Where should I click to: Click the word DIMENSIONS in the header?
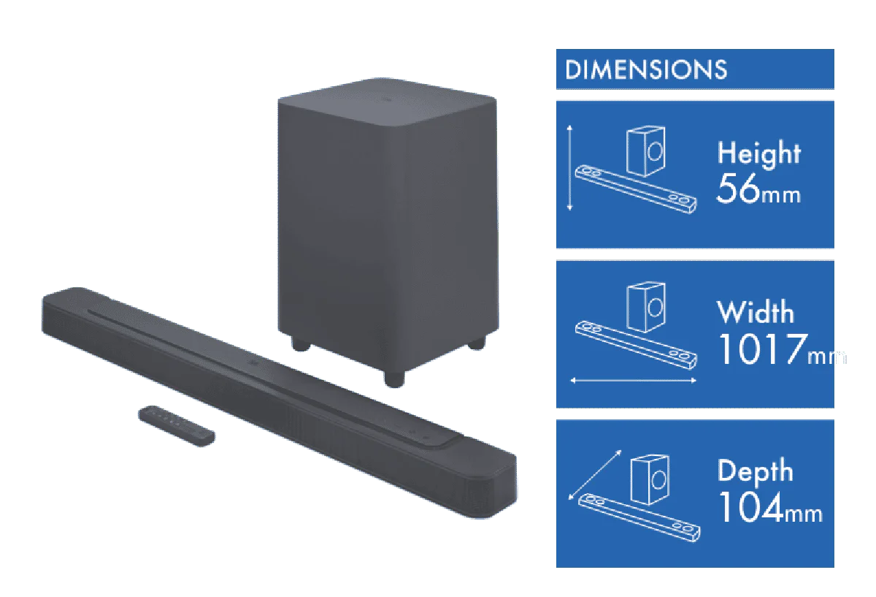646,69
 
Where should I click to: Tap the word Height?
759,153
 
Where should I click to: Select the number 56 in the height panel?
738,189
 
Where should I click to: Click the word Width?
756,312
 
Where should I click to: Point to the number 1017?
763,349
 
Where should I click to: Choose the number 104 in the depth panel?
751,507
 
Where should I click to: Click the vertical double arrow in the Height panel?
570,168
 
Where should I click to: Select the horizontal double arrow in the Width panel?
633,380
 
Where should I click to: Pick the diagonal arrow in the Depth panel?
595,475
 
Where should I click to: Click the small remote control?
177,425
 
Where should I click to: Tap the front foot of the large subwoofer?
393,379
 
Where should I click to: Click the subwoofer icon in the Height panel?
645,151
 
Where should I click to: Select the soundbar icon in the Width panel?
636,345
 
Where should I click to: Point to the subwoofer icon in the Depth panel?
650,479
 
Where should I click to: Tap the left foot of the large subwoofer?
300,343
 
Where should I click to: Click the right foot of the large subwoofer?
477,343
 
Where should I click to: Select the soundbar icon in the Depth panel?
639,517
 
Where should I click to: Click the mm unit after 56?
781,195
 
